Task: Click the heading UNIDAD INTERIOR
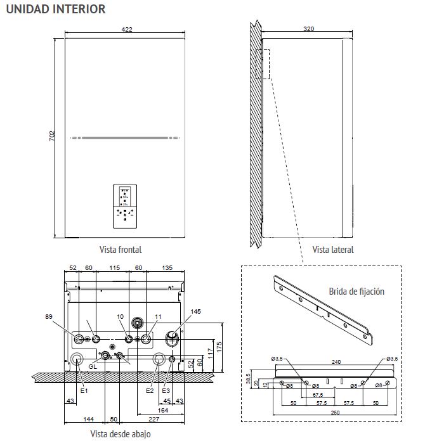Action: click(55, 9)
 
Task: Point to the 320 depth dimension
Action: click(308, 29)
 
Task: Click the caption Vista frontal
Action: click(121, 250)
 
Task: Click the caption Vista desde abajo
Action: click(121, 434)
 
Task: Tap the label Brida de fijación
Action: click(356, 292)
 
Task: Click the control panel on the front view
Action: click(125, 207)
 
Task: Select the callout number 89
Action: click(49, 316)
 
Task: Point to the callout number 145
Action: click(195, 311)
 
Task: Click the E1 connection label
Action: click(83, 390)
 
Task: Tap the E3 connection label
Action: click(166, 390)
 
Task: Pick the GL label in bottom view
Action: click(93, 367)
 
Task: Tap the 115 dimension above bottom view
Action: click(114, 268)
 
